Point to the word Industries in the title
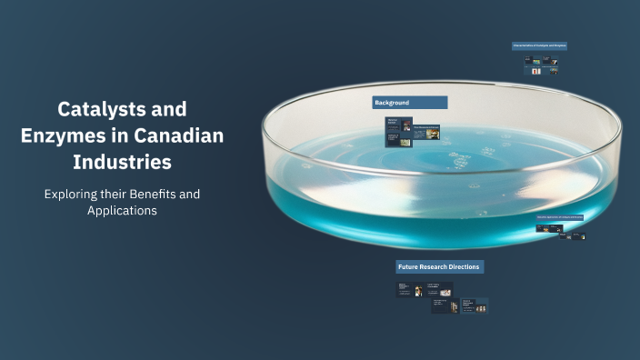122,164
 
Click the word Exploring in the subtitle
71,194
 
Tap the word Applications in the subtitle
122,211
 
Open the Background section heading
410,103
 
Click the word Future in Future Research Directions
408,266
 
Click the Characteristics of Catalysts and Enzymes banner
539,45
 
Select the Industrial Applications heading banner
559,217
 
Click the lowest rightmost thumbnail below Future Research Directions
475,305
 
